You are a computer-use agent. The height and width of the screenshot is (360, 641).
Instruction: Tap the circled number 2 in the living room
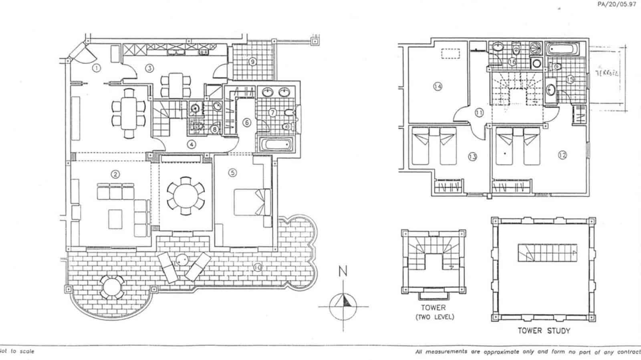[x=115, y=174]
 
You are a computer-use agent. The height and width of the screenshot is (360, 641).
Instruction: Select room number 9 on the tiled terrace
[x=252, y=62]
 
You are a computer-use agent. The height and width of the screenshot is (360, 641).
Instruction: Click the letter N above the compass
[x=343, y=272]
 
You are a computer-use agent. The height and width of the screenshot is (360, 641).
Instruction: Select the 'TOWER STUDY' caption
[x=544, y=331]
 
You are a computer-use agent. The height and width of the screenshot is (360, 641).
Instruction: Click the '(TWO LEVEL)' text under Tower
[x=434, y=317]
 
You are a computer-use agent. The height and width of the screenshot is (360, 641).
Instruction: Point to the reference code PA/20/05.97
[x=617, y=5]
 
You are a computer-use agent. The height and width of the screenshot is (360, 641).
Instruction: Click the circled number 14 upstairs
[x=437, y=86]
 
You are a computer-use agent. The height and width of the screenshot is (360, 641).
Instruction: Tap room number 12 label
[x=562, y=155]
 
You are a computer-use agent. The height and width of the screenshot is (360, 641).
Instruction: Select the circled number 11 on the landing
[x=479, y=113]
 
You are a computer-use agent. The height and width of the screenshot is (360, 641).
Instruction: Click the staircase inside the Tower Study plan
[x=547, y=253]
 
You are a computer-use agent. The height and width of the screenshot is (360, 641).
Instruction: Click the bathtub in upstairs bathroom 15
[x=563, y=50]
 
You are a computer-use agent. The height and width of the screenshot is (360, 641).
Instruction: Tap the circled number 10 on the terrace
[x=257, y=267]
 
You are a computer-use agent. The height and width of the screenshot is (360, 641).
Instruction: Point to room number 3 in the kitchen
[x=149, y=68]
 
